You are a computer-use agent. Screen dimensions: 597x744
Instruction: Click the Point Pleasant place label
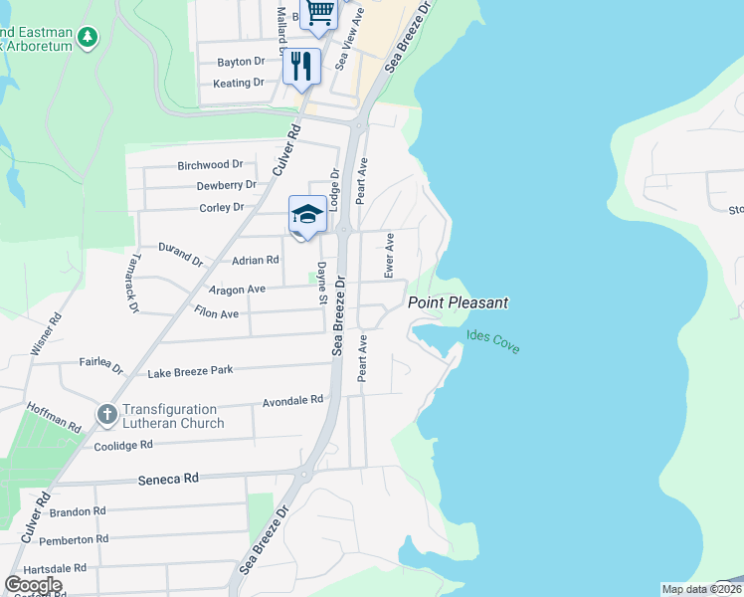pos(458,302)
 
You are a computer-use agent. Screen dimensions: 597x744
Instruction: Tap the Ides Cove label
pos(492,343)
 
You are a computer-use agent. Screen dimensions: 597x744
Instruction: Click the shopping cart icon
pos(320,12)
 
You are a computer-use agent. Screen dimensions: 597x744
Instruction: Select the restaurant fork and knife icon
pos(301,67)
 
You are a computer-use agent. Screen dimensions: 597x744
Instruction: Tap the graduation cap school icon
pos(307,215)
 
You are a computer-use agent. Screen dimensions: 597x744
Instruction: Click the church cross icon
pos(106,412)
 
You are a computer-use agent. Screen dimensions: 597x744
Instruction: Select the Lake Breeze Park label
pos(190,371)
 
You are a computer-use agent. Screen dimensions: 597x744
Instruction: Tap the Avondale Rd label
pos(292,401)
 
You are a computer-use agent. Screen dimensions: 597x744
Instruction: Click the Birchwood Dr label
pos(210,164)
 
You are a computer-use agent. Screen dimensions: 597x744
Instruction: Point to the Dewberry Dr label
pos(226,185)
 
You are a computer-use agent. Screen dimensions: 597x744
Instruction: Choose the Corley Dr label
pos(221,208)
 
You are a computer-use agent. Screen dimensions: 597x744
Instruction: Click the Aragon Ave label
pos(237,289)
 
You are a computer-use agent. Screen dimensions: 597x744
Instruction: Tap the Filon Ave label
pos(216,313)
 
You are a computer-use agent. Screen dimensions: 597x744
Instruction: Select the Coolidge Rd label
pos(122,445)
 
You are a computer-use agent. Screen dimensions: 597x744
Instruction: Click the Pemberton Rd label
pos(77,539)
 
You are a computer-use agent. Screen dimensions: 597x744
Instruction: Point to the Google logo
pos(33,584)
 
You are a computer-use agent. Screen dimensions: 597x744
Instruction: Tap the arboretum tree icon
pos(89,37)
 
